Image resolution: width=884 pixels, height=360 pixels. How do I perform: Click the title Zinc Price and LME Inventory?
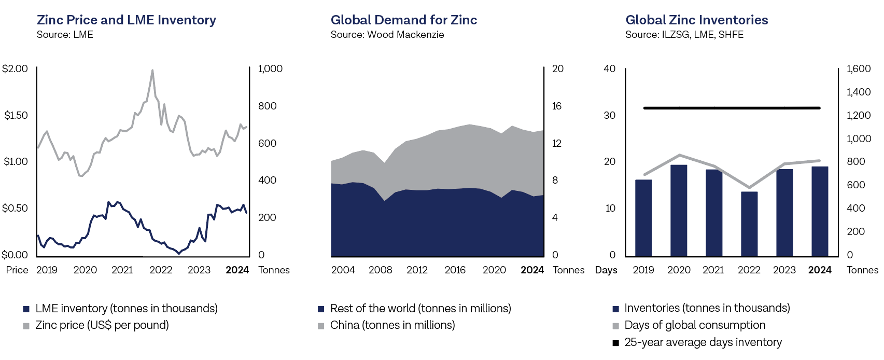126,20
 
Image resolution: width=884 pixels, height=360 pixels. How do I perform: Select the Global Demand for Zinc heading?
403,20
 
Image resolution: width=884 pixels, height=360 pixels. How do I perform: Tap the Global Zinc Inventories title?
696,20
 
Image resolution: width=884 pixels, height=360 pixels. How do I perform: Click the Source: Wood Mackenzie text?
387,35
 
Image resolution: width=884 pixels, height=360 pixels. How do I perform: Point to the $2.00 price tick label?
15,69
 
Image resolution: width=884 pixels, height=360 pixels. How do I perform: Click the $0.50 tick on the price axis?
15,209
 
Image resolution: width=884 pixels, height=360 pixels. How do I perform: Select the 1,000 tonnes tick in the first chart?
270,69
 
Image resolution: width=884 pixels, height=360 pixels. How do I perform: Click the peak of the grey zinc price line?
152,71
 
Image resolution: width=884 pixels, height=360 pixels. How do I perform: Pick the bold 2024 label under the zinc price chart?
237,270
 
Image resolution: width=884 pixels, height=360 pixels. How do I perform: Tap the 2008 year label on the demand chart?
380,270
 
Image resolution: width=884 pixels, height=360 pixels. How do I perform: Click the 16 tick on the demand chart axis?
556,106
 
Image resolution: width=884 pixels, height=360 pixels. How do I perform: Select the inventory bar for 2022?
749,224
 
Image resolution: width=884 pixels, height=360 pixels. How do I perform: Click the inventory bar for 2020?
679,211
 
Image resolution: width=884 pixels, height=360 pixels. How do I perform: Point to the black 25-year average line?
732,108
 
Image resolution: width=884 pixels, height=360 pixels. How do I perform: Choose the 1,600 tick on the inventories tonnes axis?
858,69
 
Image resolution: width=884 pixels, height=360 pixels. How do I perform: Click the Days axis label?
606,270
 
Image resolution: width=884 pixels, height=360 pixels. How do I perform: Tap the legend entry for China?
392,325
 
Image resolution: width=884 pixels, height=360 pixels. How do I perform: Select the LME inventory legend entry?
126,309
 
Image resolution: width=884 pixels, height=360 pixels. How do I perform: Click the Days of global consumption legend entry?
694,325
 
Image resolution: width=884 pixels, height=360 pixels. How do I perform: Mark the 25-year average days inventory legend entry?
703,342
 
